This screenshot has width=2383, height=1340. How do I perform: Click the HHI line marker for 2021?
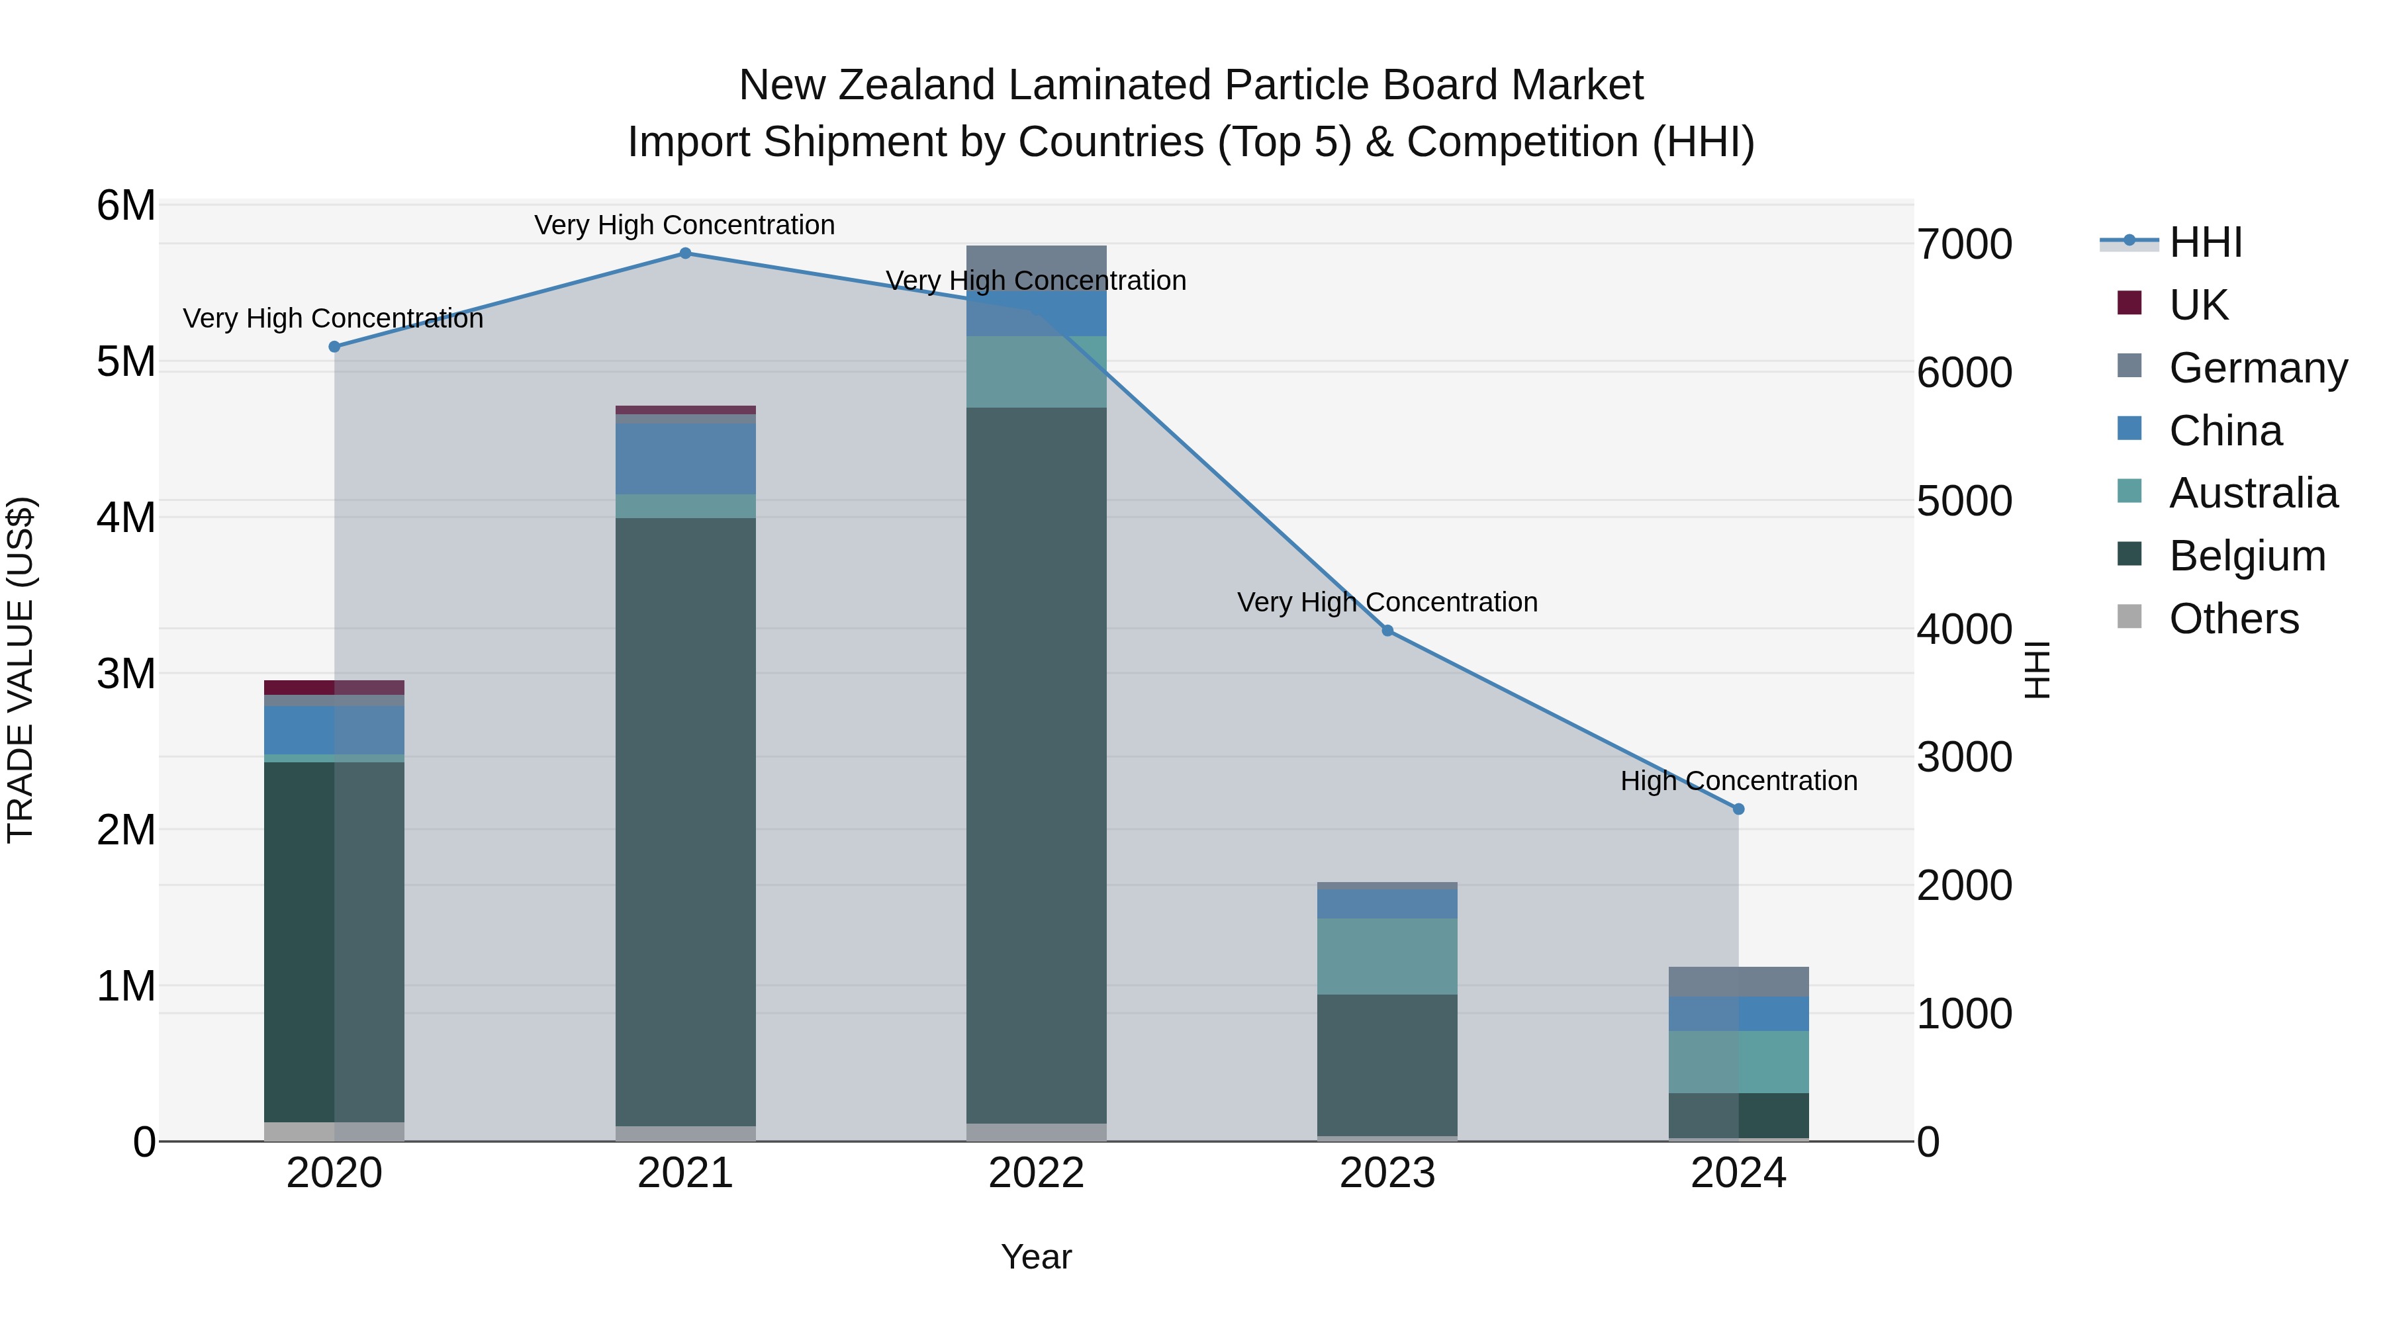(x=686, y=253)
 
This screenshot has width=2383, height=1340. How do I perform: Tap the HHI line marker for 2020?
(x=335, y=347)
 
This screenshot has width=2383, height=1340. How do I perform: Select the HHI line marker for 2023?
(x=1387, y=631)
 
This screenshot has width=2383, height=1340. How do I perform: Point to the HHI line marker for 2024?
(x=1738, y=809)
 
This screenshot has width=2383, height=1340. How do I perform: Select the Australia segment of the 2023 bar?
(x=1387, y=956)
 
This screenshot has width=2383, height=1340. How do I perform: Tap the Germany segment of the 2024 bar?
(x=1738, y=981)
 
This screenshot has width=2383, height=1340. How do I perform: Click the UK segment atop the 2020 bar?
(x=335, y=687)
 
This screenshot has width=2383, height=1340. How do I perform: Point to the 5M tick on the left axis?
(x=126, y=361)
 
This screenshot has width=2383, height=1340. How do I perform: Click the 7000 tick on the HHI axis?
(x=1964, y=245)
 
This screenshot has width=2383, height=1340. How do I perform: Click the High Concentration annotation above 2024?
(x=1738, y=782)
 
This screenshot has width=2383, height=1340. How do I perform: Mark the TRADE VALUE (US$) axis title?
(x=21, y=670)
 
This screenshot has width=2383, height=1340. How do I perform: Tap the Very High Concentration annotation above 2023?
(x=1387, y=603)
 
